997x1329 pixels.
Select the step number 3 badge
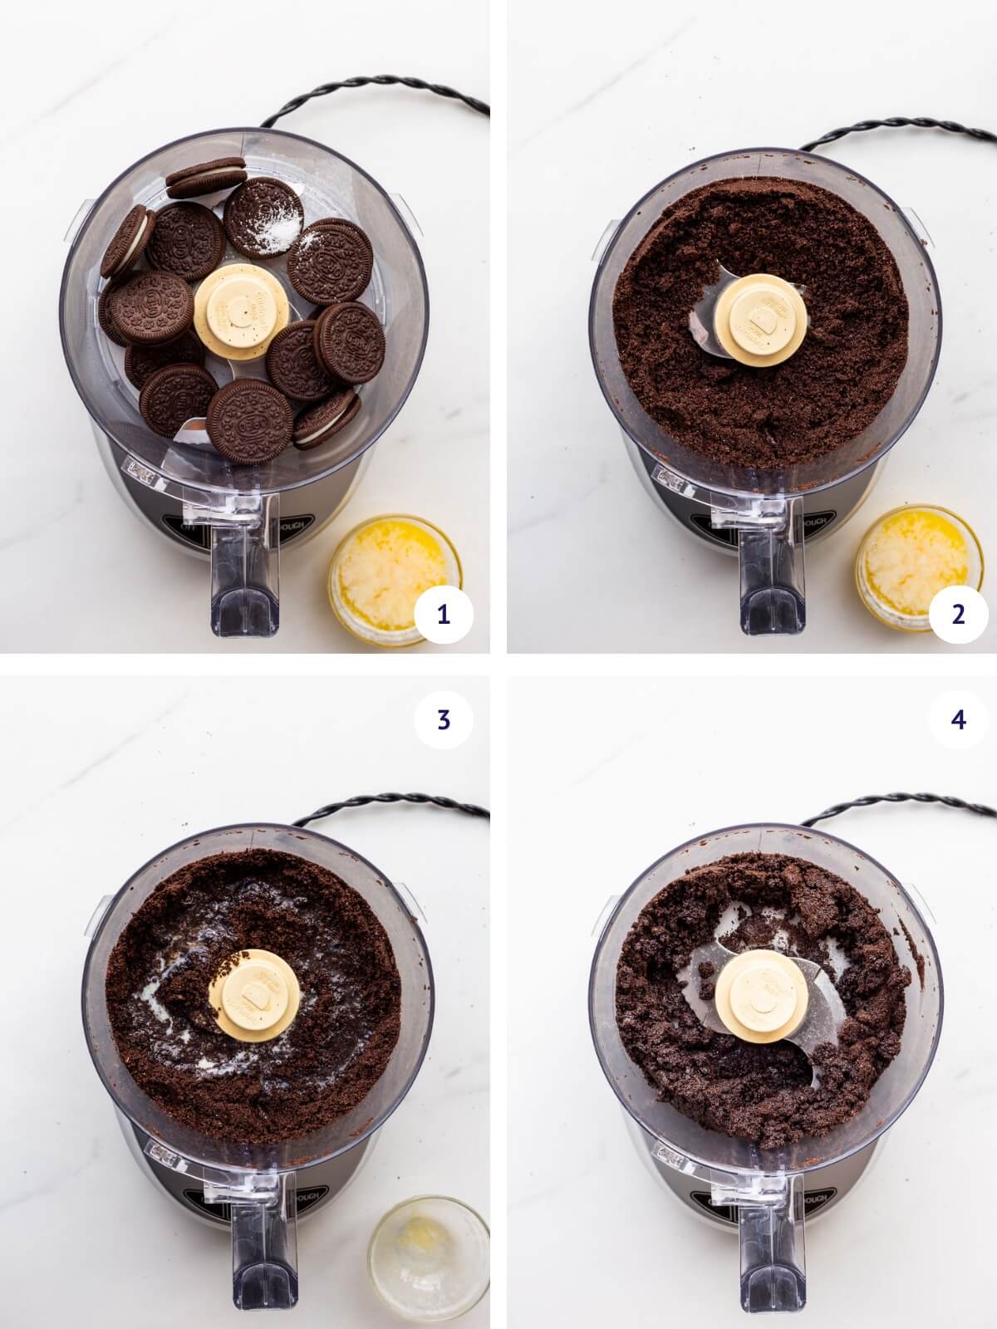click(443, 719)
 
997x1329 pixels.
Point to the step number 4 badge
click(959, 719)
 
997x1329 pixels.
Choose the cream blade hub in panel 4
click(762, 993)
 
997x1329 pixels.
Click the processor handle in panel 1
click(245, 573)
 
